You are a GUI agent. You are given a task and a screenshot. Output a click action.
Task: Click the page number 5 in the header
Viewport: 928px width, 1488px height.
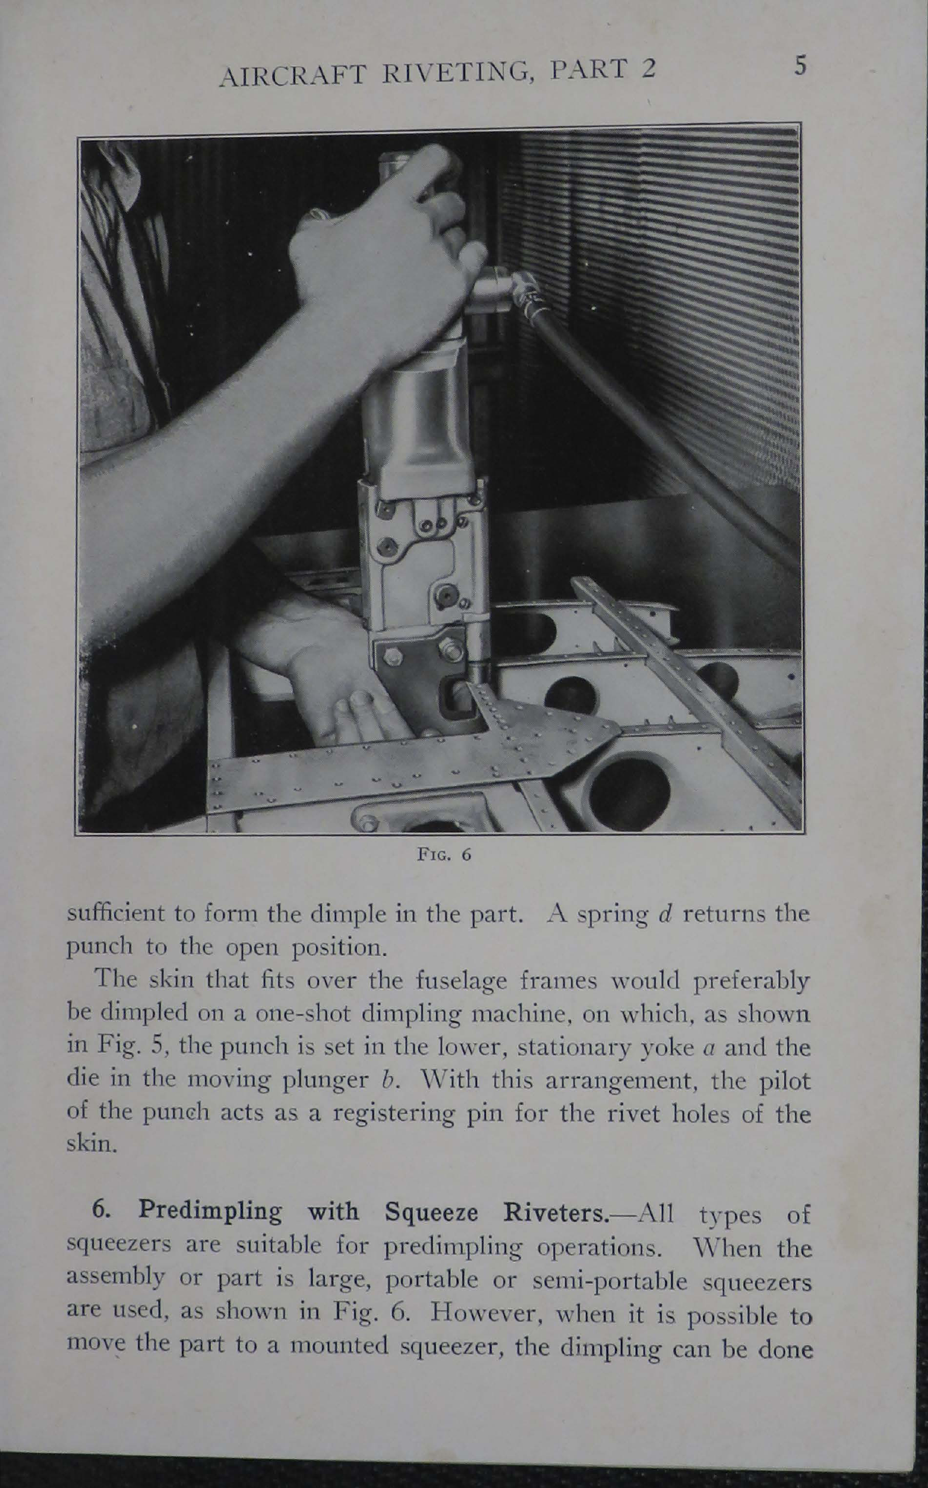pos(799,66)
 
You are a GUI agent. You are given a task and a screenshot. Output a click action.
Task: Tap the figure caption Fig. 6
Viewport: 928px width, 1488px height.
pos(444,855)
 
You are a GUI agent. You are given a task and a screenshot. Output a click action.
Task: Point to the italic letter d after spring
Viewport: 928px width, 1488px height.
pos(663,914)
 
